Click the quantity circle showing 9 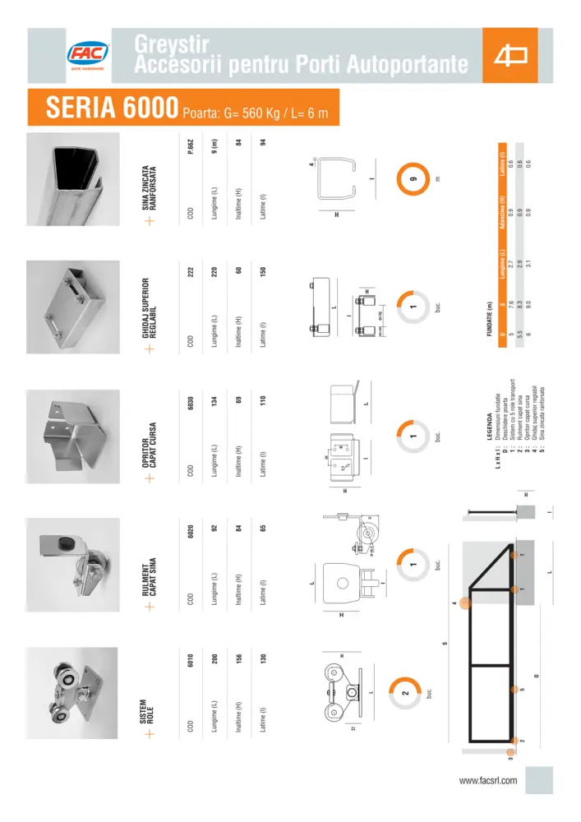[416, 181]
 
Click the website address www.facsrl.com [488, 780]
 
